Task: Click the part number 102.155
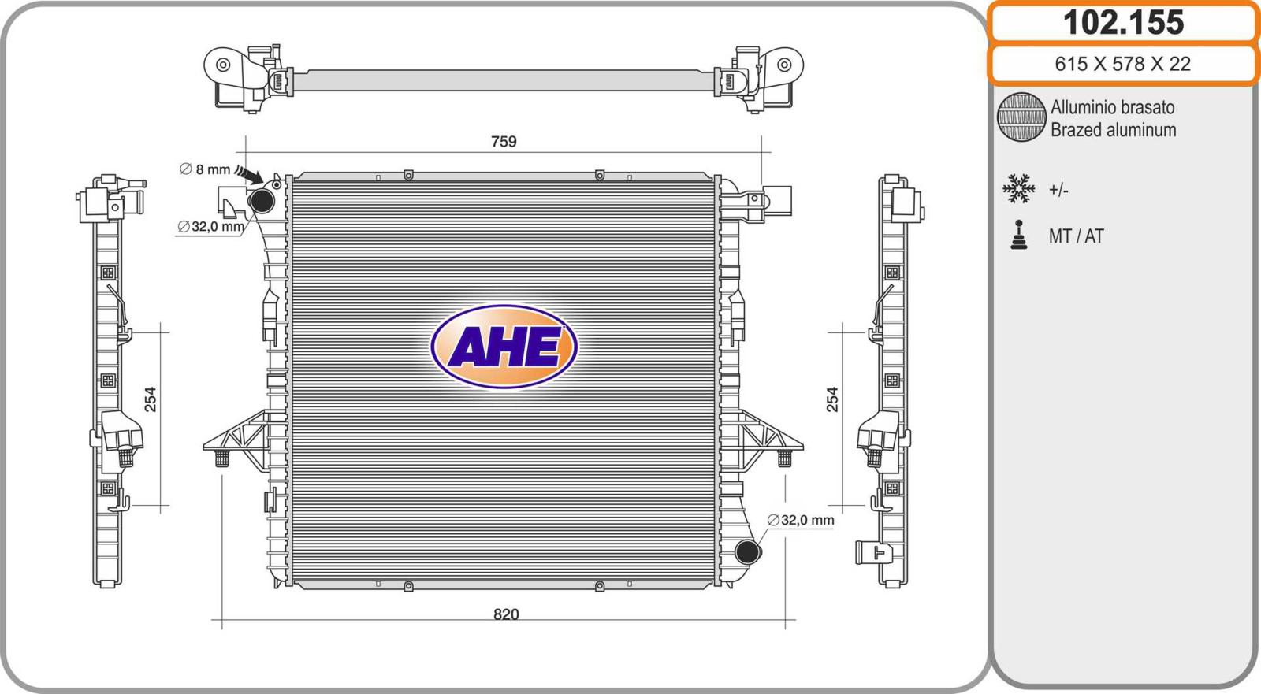[x=1123, y=23]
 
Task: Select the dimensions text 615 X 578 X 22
[x=1122, y=64]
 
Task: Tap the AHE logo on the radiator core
[x=504, y=346]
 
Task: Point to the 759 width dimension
[x=504, y=141]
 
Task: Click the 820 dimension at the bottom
[x=505, y=614]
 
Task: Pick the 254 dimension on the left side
[x=151, y=399]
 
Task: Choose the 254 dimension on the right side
[x=832, y=399]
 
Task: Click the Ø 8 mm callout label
[x=205, y=169]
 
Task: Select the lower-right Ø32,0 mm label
[x=801, y=520]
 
